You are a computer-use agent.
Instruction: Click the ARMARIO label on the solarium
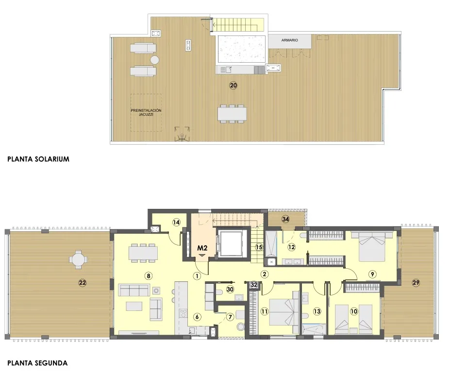tap(289, 41)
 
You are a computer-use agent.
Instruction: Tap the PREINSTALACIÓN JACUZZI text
tap(146, 112)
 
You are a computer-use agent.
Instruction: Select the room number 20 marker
tap(234, 86)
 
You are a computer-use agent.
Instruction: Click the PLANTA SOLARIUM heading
tap(38, 158)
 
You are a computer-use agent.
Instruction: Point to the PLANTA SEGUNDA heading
tap(37, 362)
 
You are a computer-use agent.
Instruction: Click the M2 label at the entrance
tap(202, 248)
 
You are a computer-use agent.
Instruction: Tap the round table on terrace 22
tap(78, 259)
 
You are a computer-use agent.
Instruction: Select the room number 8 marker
tap(149, 275)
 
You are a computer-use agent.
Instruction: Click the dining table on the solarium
tap(232, 113)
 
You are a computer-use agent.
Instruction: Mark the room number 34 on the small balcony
tap(286, 220)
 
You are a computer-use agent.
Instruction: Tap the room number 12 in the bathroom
tap(291, 247)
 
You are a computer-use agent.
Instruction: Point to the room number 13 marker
tap(317, 311)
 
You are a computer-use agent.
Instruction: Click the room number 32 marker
tap(253, 285)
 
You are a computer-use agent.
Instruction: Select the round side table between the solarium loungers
tap(154, 60)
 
